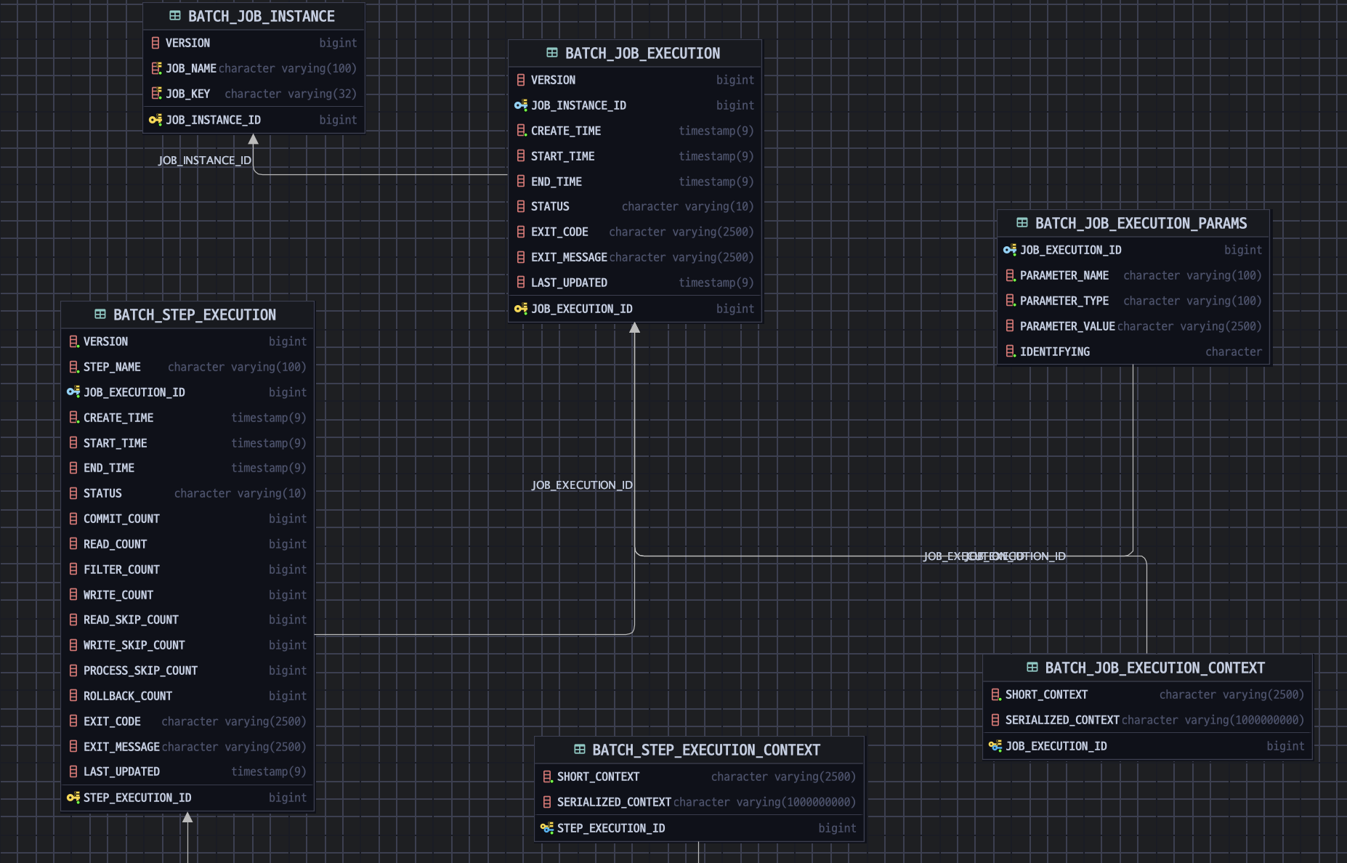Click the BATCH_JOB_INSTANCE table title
261,16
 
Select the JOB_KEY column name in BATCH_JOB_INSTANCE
187,94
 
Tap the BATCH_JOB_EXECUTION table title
642,53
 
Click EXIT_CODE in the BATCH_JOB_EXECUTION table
559,232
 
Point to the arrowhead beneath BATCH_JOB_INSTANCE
254,139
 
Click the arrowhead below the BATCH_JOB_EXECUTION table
634,328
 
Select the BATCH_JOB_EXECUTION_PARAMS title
1141,223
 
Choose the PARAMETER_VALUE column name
1067,326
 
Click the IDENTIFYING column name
1054,352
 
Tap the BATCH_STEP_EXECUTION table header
194,315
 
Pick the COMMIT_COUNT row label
121,519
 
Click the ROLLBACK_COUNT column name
128,696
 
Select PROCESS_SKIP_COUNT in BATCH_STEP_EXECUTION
140,670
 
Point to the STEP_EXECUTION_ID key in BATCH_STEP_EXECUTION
137,798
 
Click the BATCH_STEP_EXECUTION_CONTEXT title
705,750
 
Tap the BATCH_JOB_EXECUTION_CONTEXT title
1154,668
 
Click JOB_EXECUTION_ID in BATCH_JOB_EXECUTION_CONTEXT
1056,746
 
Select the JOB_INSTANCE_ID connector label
205,161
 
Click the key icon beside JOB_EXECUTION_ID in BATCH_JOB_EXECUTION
521,309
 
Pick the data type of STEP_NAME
237,367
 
